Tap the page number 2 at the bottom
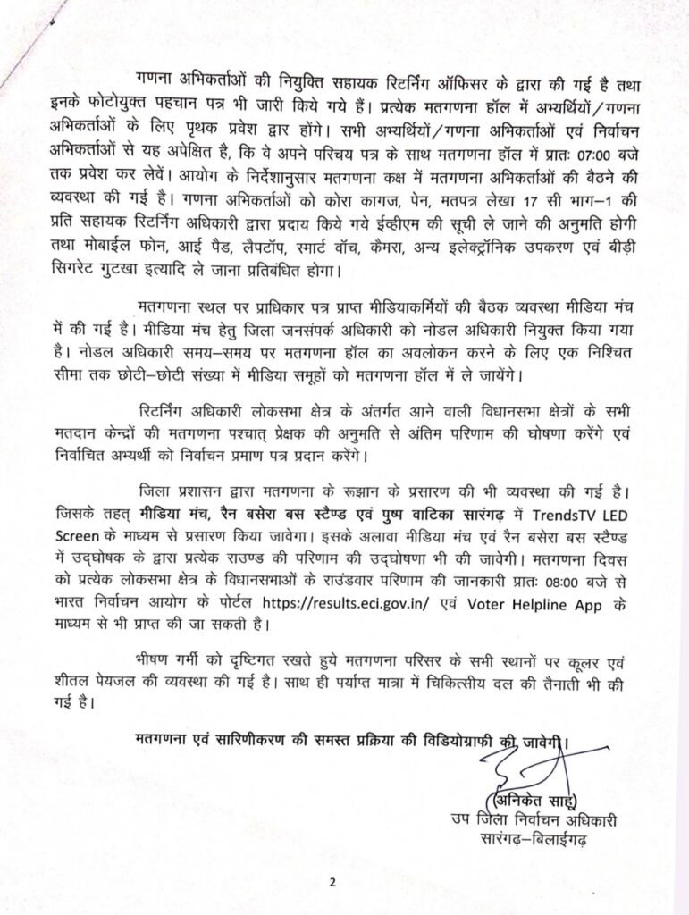point(332,885)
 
